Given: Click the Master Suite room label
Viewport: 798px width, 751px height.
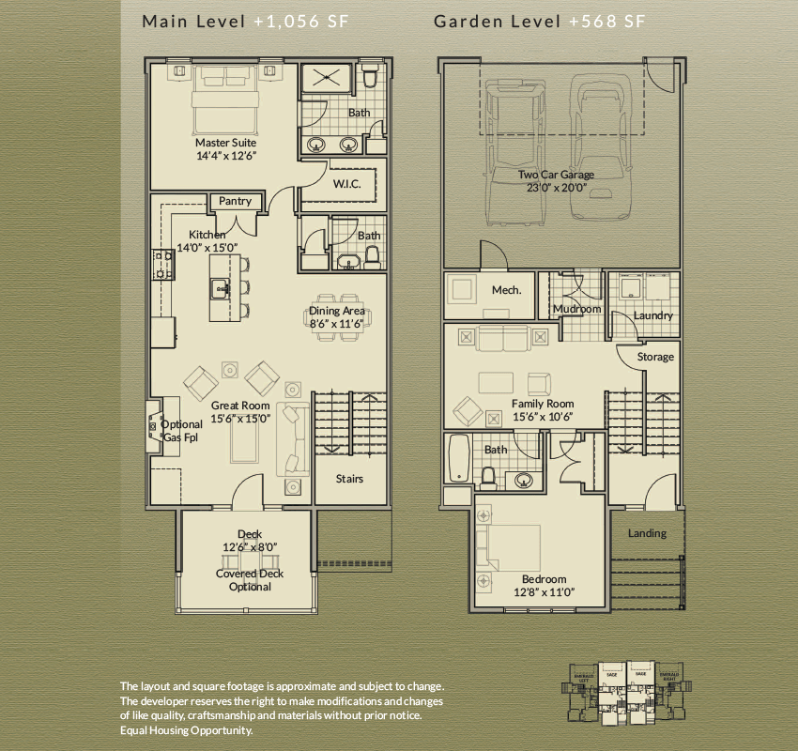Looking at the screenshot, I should point(225,143).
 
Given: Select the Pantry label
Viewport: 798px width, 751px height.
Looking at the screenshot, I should point(235,201).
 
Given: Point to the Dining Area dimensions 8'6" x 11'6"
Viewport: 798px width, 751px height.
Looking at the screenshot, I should point(337,325).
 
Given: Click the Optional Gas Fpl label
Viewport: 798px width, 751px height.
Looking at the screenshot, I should point(181,431).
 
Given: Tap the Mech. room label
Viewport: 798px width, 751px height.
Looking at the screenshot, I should point(506,290).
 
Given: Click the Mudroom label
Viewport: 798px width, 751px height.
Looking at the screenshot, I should point(576,309).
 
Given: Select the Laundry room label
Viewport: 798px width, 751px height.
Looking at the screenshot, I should point(652,315).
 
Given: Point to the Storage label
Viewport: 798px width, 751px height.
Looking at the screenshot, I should point(655,357).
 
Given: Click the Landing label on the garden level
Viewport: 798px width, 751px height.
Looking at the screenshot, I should point(647,533).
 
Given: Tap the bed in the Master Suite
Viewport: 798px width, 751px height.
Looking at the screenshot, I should point(225,103).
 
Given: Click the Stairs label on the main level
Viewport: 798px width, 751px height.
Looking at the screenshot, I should point(349,479).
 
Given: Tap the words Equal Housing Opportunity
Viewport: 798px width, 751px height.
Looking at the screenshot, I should point(187,729).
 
